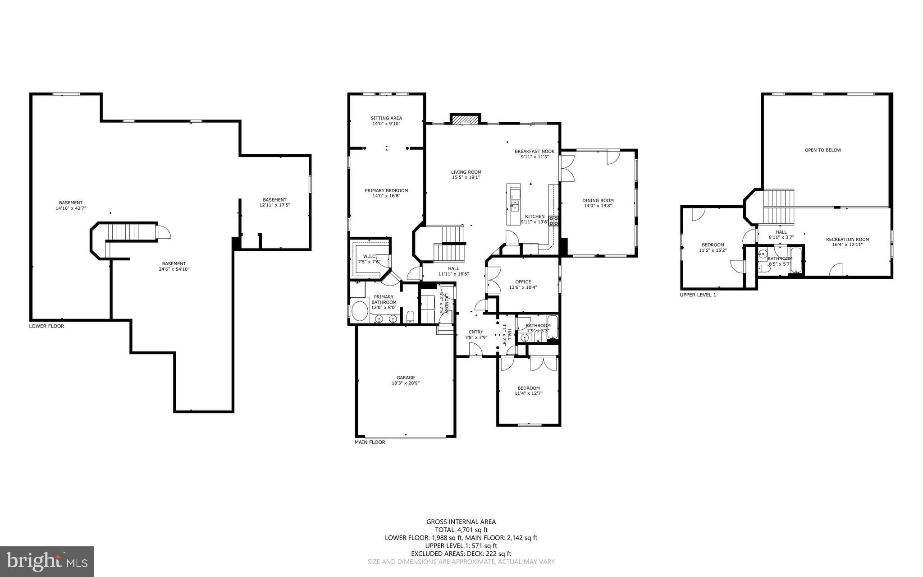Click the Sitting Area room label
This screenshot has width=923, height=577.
click(x=386, y=118)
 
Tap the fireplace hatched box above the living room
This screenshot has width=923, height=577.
click(x=466, y=120)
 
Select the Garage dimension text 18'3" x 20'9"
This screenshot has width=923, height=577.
click(x=406, y=383)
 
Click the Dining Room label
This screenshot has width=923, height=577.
click(x=598, y=200)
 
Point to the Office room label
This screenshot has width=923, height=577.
click(x=523, y=282)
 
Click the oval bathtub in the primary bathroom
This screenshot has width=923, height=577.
click(x=360, y=311)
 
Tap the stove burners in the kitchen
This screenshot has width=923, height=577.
click(x=554, y=221)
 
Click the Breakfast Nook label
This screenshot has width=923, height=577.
click(x=535, y=152)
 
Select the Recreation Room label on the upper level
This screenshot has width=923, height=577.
click(x=847, y=240)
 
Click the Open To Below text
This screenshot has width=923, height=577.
click(x=822, y=150)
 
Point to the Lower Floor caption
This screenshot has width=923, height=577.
click(x=46, y=326)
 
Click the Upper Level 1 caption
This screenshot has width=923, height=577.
click(x=697, y=295)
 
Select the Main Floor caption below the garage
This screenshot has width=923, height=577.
click(x=370, y=442)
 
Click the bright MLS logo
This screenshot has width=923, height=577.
click(x=46, y=561)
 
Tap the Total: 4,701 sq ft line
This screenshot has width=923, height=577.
click(x=461, y=530)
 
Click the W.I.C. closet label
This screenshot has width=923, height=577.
click(x=369, y=256)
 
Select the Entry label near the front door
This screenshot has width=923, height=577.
click(x=476, y=332)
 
